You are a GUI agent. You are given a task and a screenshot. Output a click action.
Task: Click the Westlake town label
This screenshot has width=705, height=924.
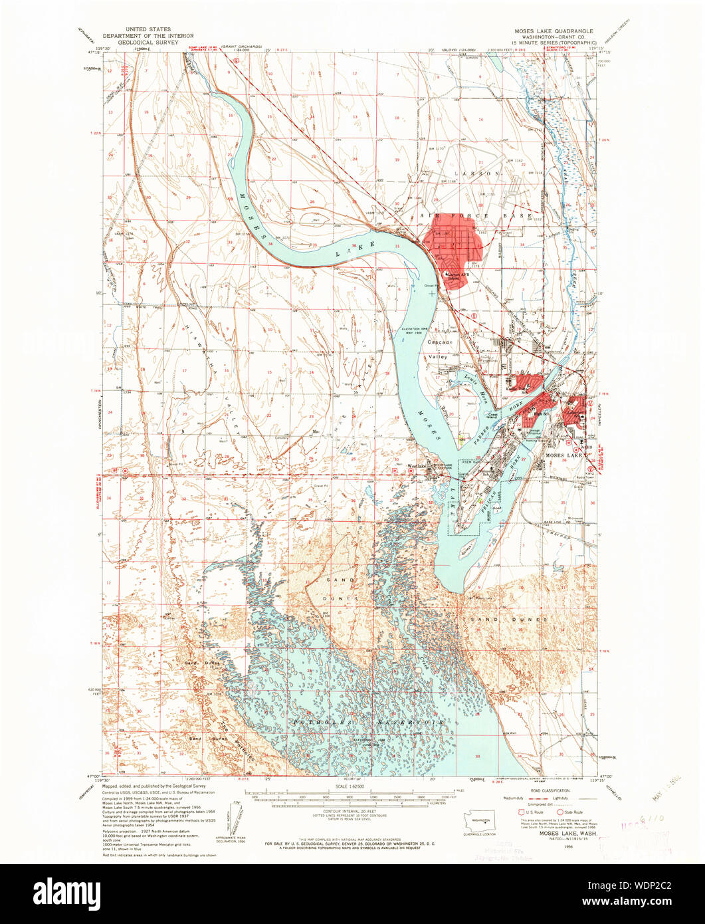coord(416,465)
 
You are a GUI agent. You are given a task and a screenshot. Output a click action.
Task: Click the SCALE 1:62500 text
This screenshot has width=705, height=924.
coord(353,787)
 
